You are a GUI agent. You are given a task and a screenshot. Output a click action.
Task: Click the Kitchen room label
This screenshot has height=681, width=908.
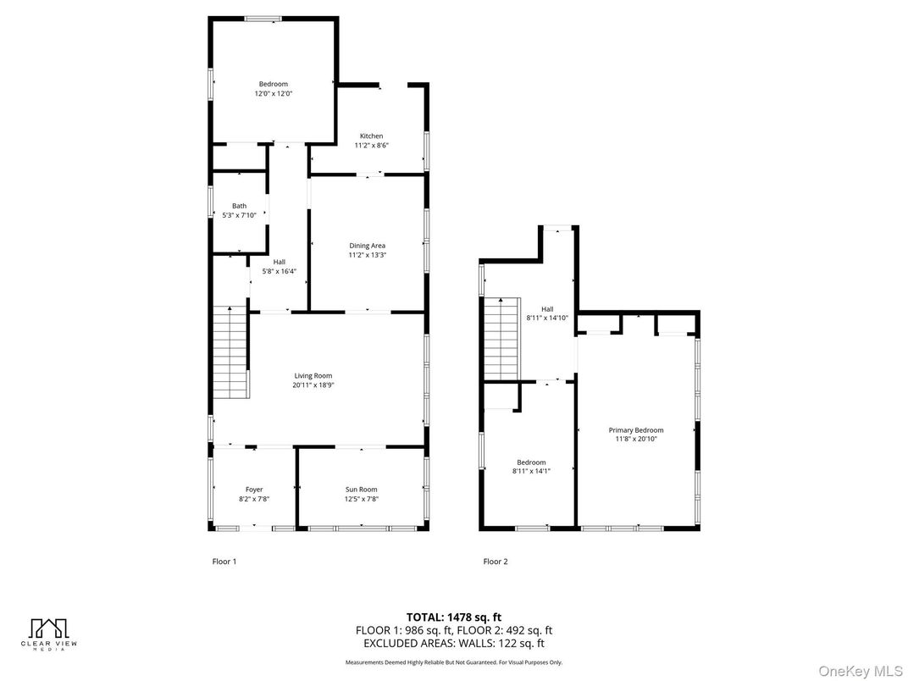pyautogui.click(x=371, y=136)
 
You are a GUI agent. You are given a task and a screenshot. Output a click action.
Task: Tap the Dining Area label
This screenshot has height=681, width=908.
pyautogui.click(x=367, y=246)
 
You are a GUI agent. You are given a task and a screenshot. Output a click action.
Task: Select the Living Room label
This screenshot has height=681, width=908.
pyautogui.click(x=313, y=376)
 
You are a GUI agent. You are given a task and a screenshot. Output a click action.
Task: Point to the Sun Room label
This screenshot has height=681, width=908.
pyautogui.click(x=362, y=490)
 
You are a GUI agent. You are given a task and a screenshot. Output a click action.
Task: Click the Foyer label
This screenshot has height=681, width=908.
pyautogui.click(x=254, y=490)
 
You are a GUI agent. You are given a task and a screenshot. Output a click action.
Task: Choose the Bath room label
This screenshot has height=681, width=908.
pyautogui.click(x=239, y=206)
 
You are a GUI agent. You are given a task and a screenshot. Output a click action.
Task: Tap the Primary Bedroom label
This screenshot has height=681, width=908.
pyautogui.click(x=636, y=430)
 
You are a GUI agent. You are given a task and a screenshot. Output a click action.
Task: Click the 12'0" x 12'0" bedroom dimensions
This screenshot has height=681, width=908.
pyautogui.click(x=274, y=93)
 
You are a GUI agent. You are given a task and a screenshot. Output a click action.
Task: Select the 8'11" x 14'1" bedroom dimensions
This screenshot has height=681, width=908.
pyautogui.click(x=531, y=472)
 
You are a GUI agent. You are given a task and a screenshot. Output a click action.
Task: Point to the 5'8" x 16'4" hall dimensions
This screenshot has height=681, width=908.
pyautogui.click(x=280, y=271)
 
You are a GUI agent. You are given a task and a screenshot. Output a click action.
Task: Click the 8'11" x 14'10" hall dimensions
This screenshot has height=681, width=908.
pyautogui.click(x=547, y=318)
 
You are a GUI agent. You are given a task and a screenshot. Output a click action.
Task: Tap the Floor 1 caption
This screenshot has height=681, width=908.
pyautogui.click(x=224, y=561)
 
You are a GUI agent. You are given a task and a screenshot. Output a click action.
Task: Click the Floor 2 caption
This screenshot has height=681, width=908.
pyautogui.click(x=496, y=561)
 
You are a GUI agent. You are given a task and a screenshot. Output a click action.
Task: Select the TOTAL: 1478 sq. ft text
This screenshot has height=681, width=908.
pyautogui.click(x=454, y=617)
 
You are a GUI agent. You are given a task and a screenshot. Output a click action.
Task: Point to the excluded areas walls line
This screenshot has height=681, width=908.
pyautogui.click(x=454, y=643)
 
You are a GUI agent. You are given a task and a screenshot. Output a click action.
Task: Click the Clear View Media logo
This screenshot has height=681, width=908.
pyautogui.click(x=49, y=634)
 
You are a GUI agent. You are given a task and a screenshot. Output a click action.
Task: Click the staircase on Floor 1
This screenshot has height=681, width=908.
pyautogui.click(x=231, y=352)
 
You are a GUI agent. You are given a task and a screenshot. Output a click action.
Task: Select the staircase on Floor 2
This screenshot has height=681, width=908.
pyautogui.click(x=502, y=339)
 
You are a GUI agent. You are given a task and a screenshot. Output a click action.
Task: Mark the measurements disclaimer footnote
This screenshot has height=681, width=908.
pyautogui.click(x=454, y=662)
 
